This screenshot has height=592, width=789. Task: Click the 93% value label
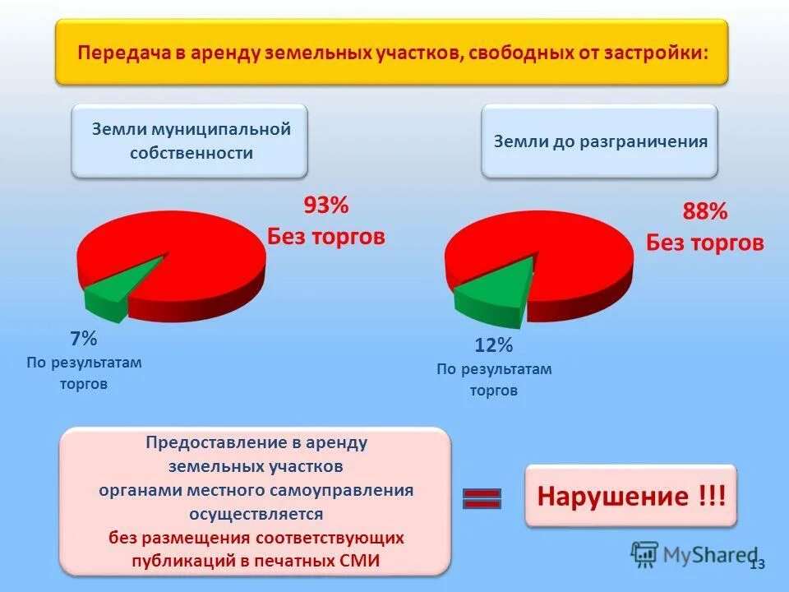(x=326, y=205)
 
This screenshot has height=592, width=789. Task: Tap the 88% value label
(x=705, y=211)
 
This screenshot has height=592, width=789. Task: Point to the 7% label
(x=83, y=338)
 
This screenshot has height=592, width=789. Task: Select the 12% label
(x=493, y=345)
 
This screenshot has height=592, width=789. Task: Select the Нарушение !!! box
(x=630, y=497)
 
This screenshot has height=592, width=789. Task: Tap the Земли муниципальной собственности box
(x=190, y=141)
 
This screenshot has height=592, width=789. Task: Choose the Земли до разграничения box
(x=600, y=141)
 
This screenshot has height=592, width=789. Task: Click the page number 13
(x=758, y=564)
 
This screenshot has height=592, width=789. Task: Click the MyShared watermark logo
(x=694, y=555)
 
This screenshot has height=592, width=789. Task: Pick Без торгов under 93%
(x=326, y=236)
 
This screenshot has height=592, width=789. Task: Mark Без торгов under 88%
(x=705, y=243)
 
